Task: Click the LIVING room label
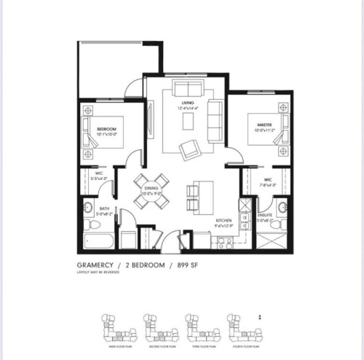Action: pyautogui.click(x=188, y=103)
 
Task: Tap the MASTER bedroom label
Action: pyautogui.click(x=264, y=124)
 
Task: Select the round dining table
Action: pyautogui.click(x=152, y=191)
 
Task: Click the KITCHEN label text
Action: pyautogui.click(x=223, y=221)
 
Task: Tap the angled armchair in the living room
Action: pyautogui.click(x=191, y=149)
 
